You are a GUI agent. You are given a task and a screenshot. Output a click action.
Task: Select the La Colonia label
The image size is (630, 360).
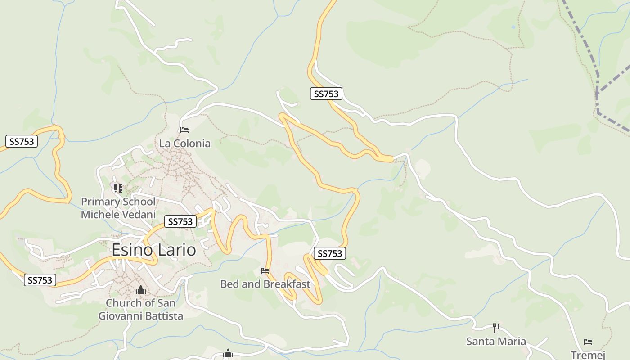point(184,143)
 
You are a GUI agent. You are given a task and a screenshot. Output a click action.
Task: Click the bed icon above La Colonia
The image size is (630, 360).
point(184,130)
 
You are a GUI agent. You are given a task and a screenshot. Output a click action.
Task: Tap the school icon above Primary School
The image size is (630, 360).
point(118,188)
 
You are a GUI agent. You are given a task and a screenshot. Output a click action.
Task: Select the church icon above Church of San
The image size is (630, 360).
point(141,290)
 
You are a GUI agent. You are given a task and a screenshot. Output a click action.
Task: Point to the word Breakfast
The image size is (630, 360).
point(287,284)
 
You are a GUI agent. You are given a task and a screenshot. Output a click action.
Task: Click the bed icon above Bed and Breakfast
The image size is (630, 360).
point(265,271)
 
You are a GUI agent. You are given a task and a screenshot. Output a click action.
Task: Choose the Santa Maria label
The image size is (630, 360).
point(496,341)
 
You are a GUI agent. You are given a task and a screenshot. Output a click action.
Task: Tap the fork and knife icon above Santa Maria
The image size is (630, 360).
point(496,328)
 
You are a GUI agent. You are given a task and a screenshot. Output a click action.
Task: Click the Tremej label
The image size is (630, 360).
point(588,354)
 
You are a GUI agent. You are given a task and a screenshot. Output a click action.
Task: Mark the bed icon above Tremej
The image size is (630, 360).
point(588,342)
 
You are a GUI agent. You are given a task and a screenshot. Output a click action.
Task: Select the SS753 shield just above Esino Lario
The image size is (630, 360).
point(180,221)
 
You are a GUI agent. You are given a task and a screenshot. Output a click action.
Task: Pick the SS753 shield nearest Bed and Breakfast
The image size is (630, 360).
point(330,253)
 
